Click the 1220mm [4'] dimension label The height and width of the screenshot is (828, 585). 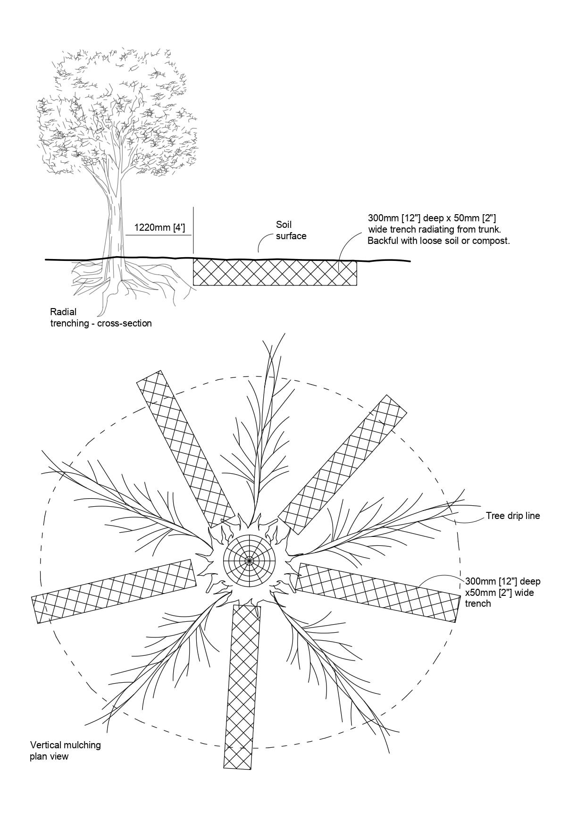[159, 228]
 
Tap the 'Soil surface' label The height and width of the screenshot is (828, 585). [291, 230]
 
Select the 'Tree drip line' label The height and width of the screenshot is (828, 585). [513, 516]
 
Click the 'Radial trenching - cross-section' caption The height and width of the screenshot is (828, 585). [101, 318]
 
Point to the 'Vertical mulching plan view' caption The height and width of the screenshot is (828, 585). [66, 751]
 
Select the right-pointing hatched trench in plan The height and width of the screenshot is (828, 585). [377, 592]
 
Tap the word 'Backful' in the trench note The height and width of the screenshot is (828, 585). [383, 241]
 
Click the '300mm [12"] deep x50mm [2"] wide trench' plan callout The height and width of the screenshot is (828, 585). [502, 592]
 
